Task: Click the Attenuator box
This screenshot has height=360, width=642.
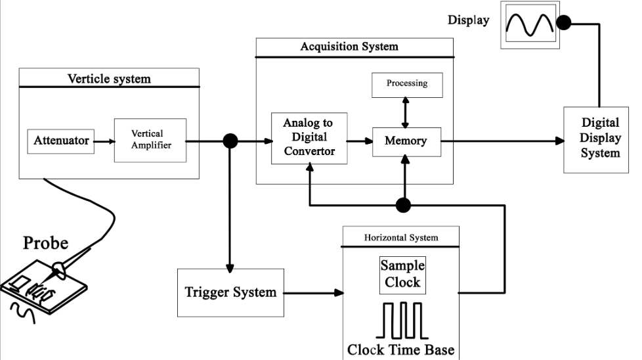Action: click(x=61, y=141)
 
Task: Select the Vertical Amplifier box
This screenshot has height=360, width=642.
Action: click(x=150, y=140)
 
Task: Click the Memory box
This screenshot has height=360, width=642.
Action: click(x=405, y=141)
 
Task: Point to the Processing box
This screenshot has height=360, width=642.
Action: click(x=406, y=84)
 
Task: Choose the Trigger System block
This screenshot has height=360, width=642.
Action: click(x=230, y=292)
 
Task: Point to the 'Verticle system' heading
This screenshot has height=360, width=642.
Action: click(x=109, y=79)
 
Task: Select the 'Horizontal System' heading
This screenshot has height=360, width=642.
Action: click(x=401, y=237)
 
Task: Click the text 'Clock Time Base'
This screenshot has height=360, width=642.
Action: click(x=400, y=349)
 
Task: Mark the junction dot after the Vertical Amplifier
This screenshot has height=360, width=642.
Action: click(x=230, y=141)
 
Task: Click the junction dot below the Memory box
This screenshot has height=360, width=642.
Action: click(x=404, y=205)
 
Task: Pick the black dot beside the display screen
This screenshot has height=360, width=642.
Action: click(x=564, y=24)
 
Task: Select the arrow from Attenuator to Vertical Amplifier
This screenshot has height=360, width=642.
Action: click(x=104, y=140)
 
